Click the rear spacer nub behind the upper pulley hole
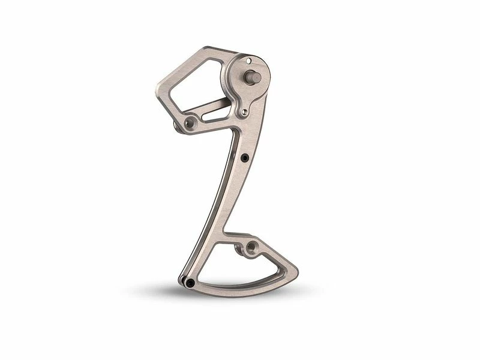177,127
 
